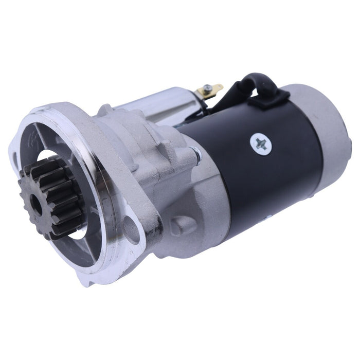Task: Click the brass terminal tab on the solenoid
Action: tap(212, 92)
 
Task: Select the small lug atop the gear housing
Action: tap(105, 110)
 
